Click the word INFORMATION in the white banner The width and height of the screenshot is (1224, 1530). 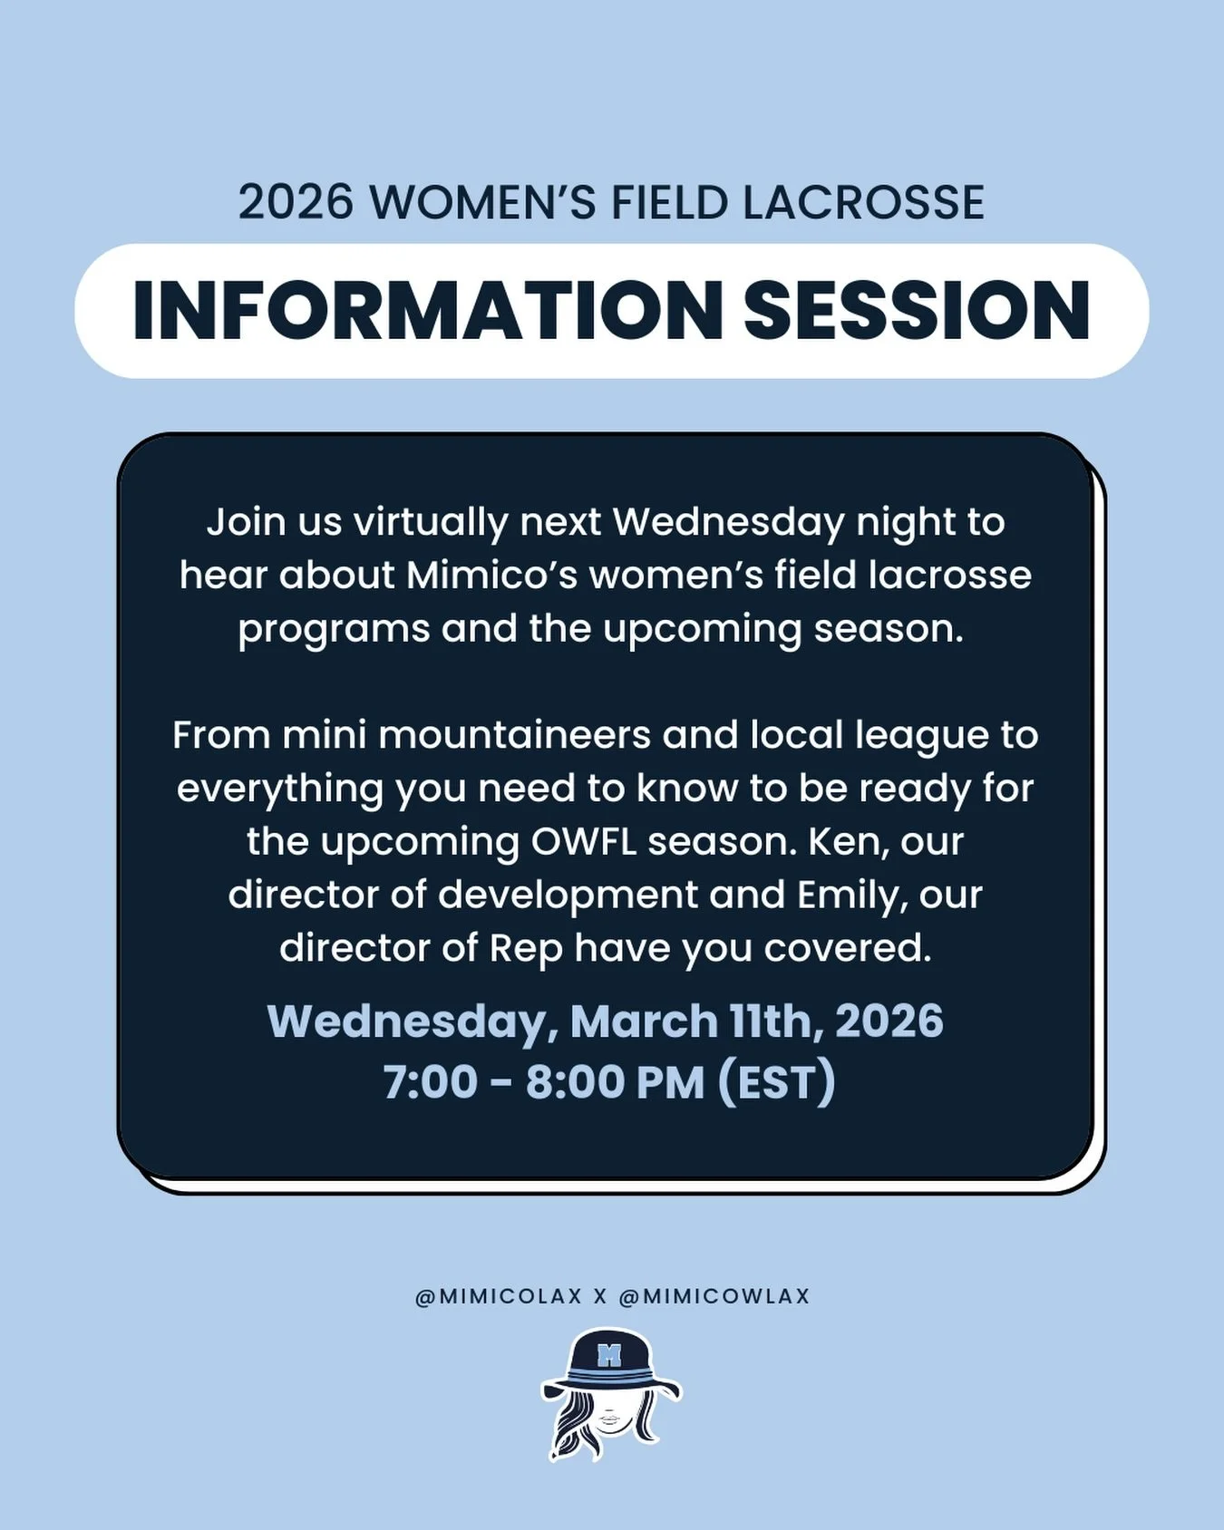426,311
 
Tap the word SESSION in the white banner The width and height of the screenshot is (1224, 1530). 917,311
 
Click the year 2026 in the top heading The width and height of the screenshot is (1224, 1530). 296,202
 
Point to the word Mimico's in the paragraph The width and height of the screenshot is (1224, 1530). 491,576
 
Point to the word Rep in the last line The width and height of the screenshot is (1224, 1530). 526,948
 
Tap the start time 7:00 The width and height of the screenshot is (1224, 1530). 430,1082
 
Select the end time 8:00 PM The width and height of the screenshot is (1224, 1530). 615,1082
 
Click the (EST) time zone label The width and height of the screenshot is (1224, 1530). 776,1082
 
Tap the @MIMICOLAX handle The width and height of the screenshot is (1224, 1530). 498,1296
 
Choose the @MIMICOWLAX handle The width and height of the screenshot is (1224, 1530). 714,1296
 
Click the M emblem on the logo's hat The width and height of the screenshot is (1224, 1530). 609,1356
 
